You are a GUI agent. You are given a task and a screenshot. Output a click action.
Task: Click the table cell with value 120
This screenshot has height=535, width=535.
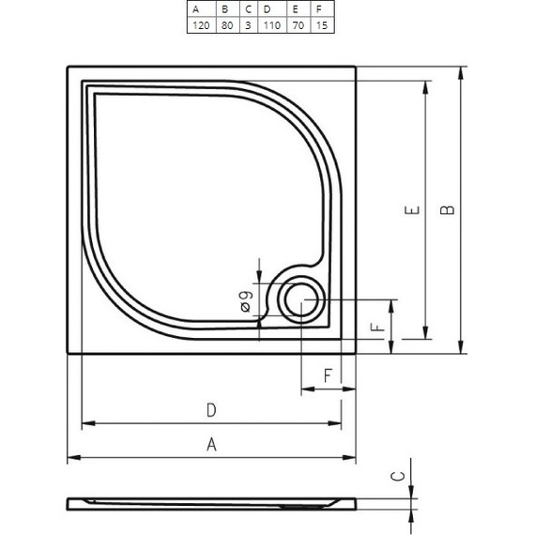(x=200, y=25)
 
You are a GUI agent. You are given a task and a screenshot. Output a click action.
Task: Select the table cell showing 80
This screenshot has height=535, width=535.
(x=226, y=25)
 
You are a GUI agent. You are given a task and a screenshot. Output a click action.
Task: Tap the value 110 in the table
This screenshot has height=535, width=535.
(x=271, y=25)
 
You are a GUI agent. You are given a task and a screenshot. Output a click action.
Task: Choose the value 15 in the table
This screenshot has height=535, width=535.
(x=322, y=25)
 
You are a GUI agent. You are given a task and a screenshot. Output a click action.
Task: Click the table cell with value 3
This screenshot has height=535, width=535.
(x=248, y=25)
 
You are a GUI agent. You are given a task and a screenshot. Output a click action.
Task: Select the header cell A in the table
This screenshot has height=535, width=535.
(x=196, y=9)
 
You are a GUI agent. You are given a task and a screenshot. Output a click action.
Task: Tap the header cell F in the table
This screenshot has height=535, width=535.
(x=319, y=9)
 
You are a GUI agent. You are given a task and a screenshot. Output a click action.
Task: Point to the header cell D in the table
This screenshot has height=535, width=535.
(x=267, y=9)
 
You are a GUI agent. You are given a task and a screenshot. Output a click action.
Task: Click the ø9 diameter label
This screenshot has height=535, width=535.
(x=243, y=300)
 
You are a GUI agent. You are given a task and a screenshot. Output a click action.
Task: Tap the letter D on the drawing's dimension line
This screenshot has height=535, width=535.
(x=212, y=409)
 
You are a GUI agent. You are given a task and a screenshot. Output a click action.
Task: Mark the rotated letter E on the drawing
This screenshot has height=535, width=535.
(x=410, y=210)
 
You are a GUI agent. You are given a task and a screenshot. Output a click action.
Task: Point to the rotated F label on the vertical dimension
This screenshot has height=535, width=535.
(x=375, y=329)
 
